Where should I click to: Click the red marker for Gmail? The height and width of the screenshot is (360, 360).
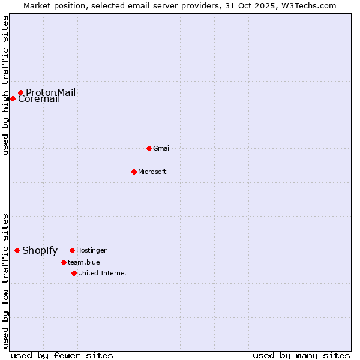point(149,148)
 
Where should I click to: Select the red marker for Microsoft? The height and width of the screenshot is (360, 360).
point(134,172)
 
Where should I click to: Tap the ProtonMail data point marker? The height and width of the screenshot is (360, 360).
point(20,92)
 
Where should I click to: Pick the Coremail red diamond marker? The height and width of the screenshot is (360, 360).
point(13,98)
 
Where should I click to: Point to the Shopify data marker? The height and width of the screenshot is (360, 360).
point(17,250)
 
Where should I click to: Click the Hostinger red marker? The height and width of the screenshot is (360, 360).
point(72,250)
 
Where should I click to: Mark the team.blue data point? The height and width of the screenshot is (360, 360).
point(64,262)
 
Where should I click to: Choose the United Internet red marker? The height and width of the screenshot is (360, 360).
point(74,273)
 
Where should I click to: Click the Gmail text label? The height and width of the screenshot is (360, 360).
point(162,148)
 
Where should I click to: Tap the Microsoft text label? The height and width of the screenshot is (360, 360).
point(152,172)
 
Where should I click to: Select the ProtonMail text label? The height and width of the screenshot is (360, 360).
point(51,92)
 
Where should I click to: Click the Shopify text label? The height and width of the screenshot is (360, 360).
point(40,251)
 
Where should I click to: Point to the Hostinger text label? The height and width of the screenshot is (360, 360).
point(91,250)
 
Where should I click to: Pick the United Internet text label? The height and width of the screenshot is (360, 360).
point(103,273)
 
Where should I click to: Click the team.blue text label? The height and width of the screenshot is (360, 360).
point(84,262)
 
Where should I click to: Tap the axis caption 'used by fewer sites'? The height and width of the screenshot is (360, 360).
point(61,355)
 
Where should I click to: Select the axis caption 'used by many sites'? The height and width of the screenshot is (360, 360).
point(301,355)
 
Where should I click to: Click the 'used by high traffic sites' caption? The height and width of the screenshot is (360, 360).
point(5,85)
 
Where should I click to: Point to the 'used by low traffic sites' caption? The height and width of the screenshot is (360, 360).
point(5,280)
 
